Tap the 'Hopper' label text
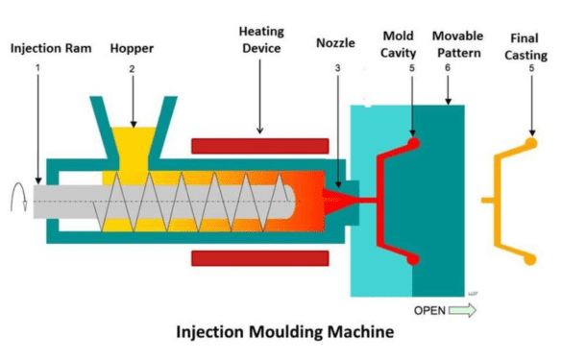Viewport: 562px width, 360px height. tap(132, 45)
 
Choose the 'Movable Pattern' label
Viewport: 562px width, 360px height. tap(459, 43)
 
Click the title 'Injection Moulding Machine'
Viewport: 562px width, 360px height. tap(281, 334)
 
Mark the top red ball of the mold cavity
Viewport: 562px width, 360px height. tap(413, 144)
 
